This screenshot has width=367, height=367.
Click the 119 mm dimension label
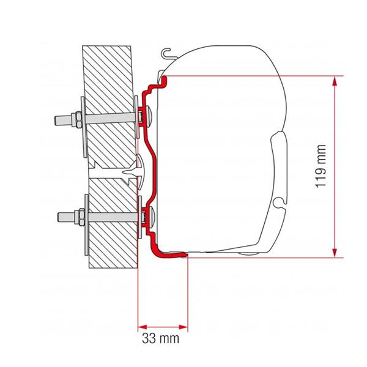[x=321, y=166]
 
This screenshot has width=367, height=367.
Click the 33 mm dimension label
[x=160, y=338]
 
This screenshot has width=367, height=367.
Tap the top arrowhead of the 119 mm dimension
[x=335, y=81]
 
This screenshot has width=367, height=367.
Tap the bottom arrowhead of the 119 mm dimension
[x=335, y=253]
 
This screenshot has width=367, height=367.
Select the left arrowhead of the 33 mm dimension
[x=143, y=327]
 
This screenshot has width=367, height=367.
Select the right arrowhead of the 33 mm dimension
[x=183, y=327]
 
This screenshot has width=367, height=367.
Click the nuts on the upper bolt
[x=77, y=120]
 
